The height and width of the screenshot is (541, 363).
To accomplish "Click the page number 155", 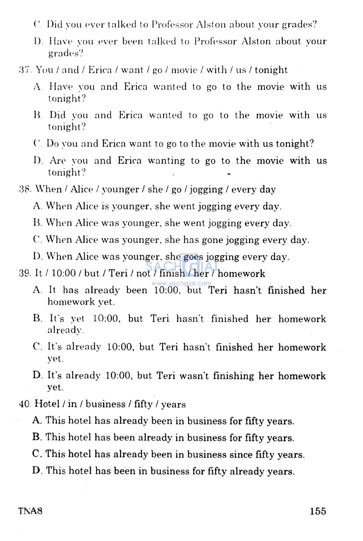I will point(318,511).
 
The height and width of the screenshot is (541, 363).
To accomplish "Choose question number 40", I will point(26,404).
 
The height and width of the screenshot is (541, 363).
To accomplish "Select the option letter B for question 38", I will point(37,223).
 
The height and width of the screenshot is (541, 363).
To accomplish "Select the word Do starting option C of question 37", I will point(52,143).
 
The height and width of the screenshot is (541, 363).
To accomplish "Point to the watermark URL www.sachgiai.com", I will point(181,283).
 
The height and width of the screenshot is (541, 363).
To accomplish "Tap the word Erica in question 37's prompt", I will point(100,70).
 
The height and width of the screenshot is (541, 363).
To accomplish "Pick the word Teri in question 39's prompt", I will point(118,273).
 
